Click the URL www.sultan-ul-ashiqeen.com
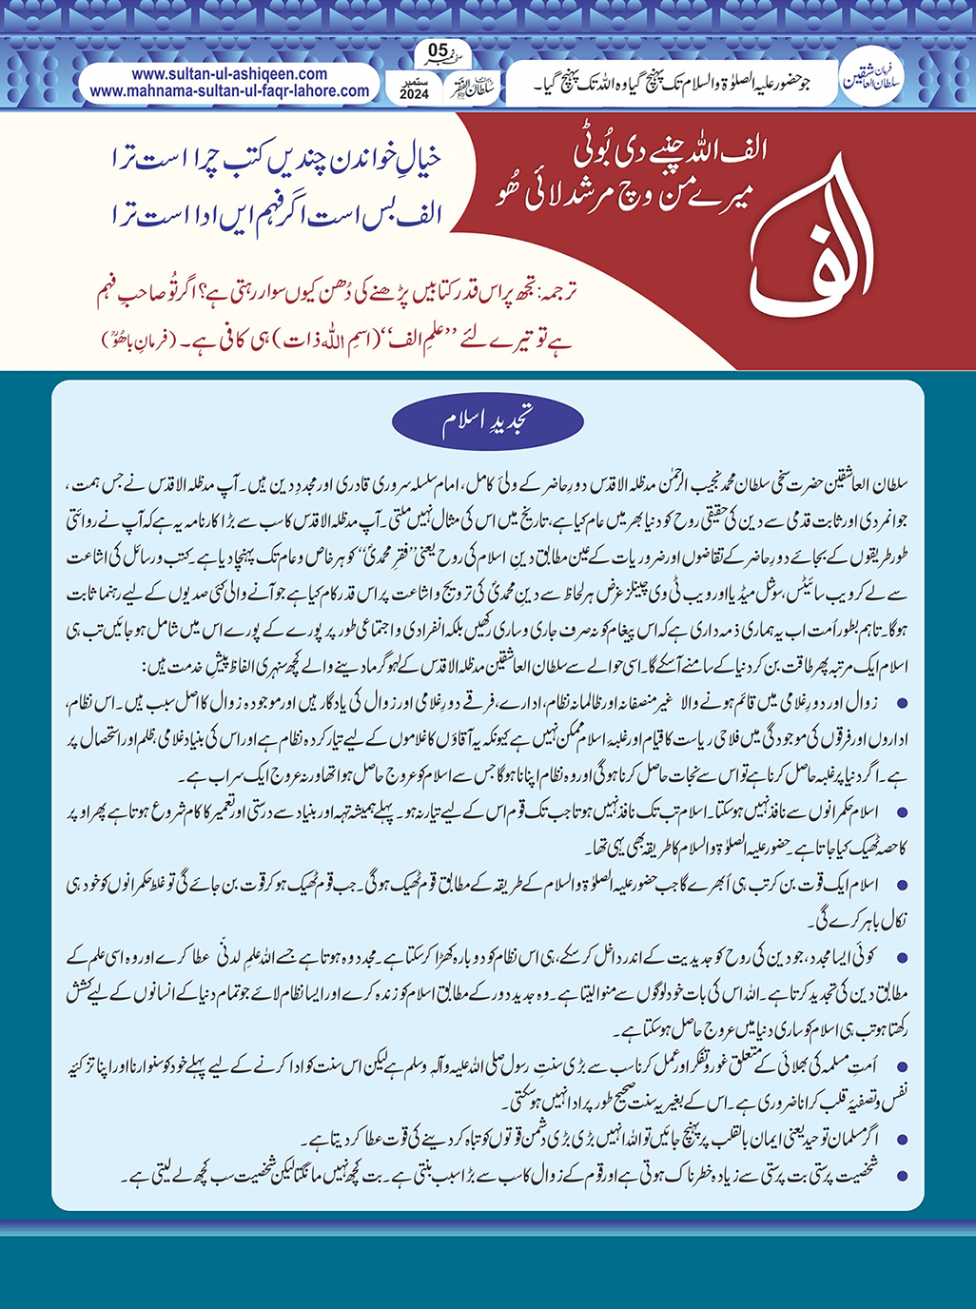(x=229, y=73)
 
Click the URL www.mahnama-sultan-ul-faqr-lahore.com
(x=229, y=91)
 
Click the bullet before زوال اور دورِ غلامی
(x=901, y=702)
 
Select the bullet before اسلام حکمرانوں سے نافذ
(x=901, y=811)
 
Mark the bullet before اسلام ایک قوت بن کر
(x=901, y=884)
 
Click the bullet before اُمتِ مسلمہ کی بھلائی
(x=901, y=1067)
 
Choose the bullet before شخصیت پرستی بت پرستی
(x=901, y=1177)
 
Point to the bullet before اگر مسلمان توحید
(x=901, y=1140)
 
